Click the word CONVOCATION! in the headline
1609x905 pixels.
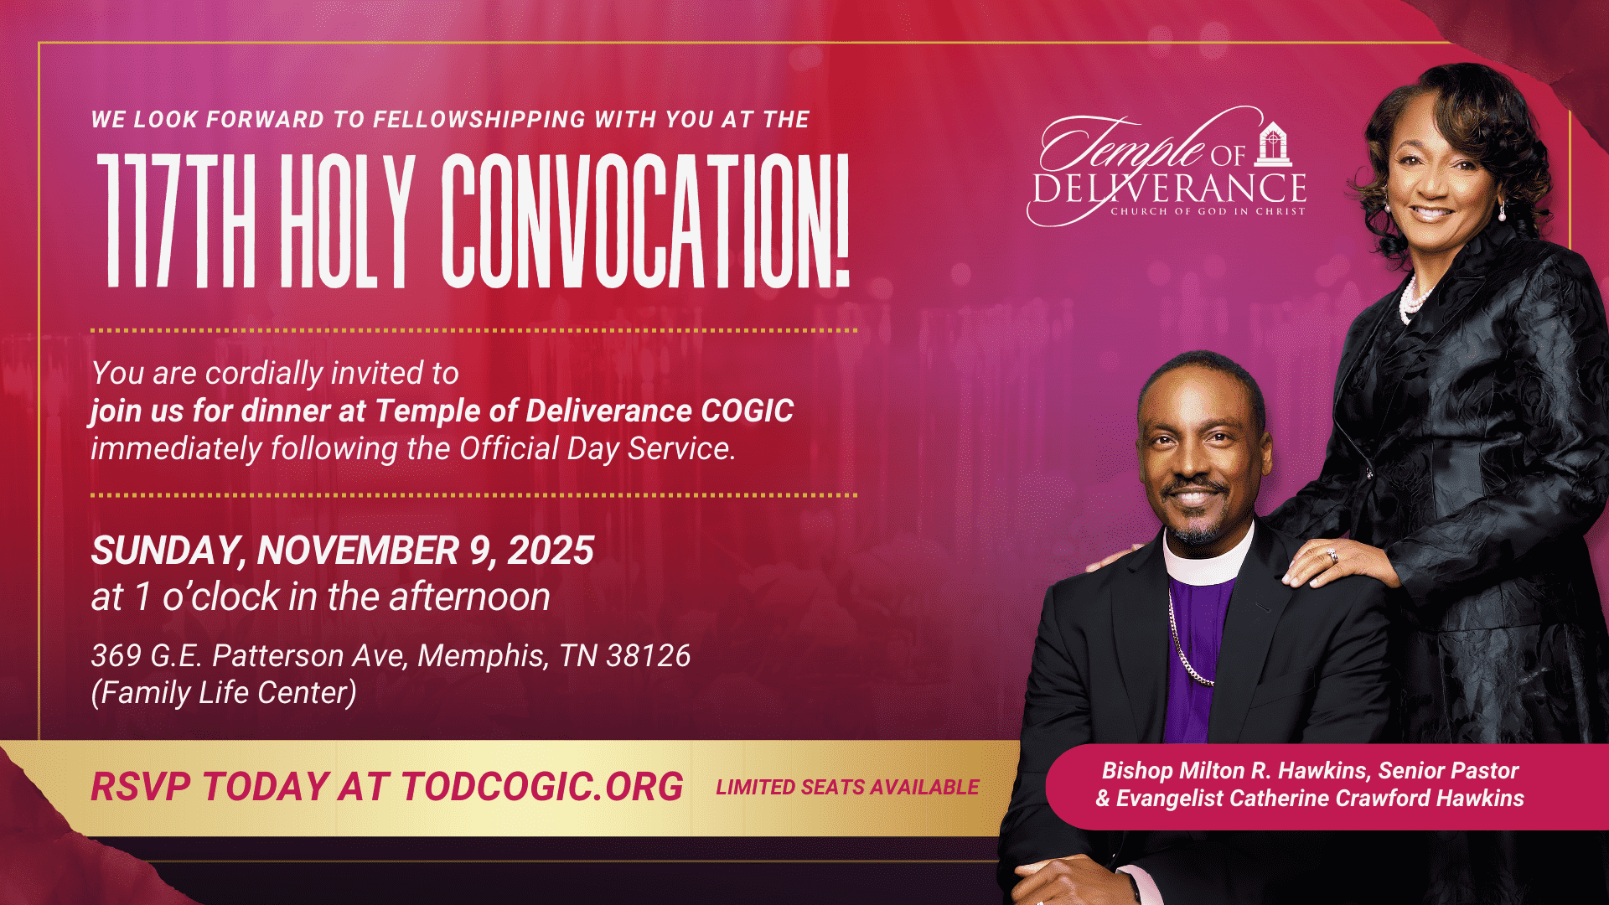[646, 221]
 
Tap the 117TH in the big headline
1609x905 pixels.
[176, 221]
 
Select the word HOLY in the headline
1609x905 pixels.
[348, 221]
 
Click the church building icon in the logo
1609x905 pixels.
[1273, 144]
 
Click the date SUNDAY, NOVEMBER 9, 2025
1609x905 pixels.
[342, 551]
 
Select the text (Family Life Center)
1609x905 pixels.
[224, 693]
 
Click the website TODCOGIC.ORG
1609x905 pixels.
[542, 787]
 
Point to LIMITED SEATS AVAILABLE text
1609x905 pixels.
[847, 788]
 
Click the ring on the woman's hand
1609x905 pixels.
[1332, 556]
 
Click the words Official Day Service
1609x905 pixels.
[597, 449]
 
